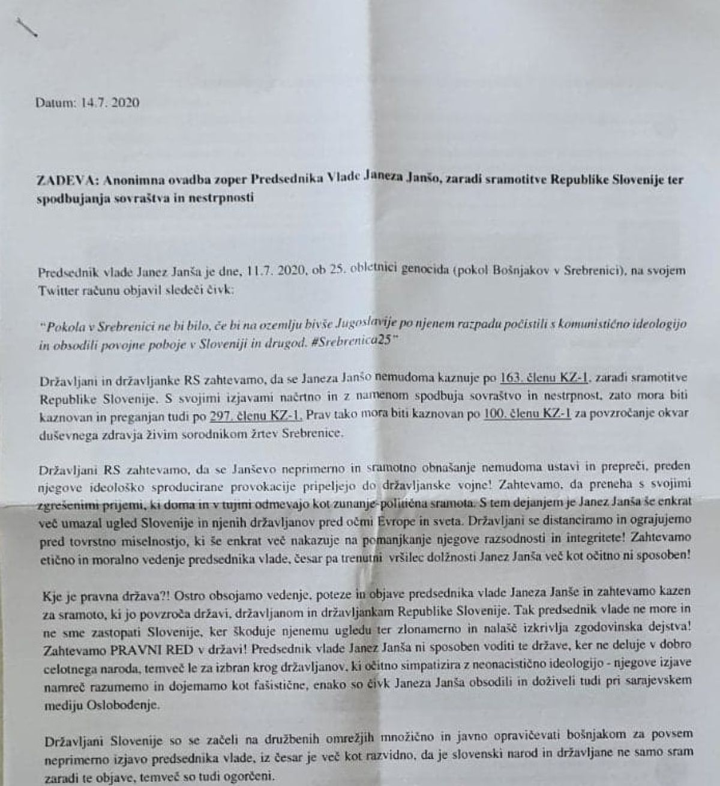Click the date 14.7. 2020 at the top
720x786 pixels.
pyautogui.click(x=110, y=103)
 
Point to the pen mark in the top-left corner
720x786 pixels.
pyautogui.click(x=27, y=28)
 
